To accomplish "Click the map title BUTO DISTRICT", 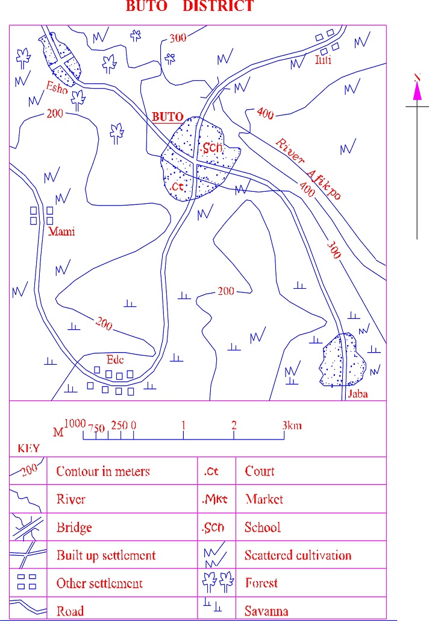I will coord(189,7).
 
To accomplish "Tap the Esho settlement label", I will coord(57,88).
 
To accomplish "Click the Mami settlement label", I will coord(61,232).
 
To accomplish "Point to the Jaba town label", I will coord(357,395).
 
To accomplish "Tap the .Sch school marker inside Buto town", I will coord(213,148).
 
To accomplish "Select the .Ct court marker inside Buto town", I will coord(177,187).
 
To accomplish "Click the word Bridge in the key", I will coord(74,528).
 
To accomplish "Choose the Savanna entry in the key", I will coord(266,611).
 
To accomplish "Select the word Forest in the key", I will coord(261,583).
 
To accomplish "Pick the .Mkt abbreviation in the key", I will coord(214,499).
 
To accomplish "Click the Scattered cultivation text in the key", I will coord(298,555).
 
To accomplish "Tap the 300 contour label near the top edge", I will coord(178,38).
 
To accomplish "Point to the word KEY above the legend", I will coord(28,449).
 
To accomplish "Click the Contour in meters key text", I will coord(102,471).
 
